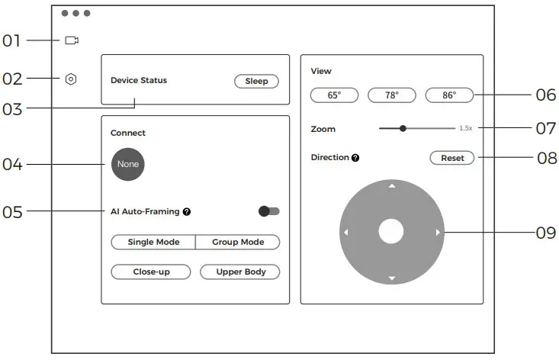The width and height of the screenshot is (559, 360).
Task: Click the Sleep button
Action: tap(256, 82)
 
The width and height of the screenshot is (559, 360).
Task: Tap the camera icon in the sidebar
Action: tap(72, 40)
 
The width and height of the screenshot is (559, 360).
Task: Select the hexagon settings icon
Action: tap(71, 79)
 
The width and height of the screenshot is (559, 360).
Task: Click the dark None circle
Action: tap(127, 164)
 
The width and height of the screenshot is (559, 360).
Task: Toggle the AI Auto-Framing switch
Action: tap(269, 211)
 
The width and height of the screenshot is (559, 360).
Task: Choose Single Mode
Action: tap(153, 243)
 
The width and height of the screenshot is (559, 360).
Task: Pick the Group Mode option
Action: tap(238, 243)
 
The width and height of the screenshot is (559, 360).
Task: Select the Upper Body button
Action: tap(240, 272)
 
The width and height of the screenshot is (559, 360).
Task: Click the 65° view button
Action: tap(334, 95)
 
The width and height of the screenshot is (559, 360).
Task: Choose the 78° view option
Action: tap(392, 95)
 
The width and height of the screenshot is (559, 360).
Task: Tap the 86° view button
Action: tap(449, 95)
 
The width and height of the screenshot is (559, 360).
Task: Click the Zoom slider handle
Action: tap(403, 129)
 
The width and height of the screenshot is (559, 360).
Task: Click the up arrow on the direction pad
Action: tap(392, 186)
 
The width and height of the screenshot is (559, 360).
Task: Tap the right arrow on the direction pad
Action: tap(438, 232)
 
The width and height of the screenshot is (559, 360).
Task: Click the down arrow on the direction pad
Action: tap(392, 278)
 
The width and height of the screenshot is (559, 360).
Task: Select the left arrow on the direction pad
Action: tap(345, 232)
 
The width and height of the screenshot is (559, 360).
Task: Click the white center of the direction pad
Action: tap(391, 232)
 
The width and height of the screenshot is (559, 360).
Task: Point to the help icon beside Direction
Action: tap(355, 158)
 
